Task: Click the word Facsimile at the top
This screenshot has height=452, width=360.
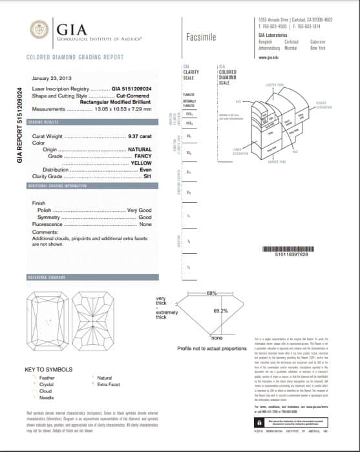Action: coord(200,37)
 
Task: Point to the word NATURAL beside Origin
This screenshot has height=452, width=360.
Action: coord(140,149)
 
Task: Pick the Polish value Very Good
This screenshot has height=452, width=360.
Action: coord(140,211)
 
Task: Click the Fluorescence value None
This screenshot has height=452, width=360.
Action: coord(145,224)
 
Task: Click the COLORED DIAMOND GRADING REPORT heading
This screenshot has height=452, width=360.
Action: coord(75,57)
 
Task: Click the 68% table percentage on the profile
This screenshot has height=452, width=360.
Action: coord(211,294)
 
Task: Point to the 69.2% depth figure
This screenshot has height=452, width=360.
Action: coord(220,311)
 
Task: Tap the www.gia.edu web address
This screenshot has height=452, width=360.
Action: coord(268,57)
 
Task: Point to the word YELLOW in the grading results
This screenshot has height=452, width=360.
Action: coord(141,163)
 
